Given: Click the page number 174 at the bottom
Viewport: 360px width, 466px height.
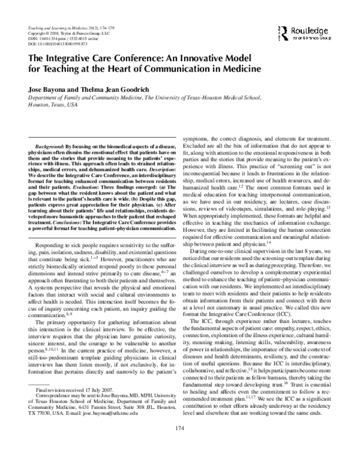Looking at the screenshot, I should click(179, 445).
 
